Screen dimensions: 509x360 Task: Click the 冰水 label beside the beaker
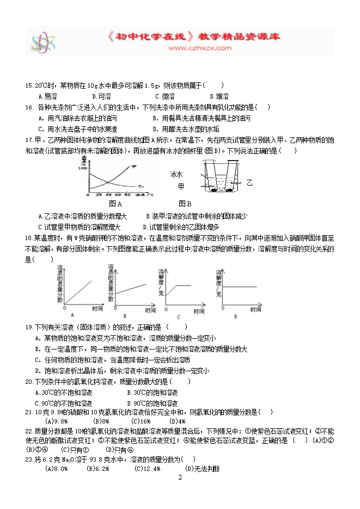[x=178, y=175]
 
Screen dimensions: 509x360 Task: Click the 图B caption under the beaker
[x=185, y=204]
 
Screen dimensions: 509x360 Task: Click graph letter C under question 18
[x=178, y=316]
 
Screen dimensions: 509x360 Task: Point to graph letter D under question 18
[x=235, y=316]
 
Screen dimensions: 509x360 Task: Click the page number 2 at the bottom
[x=179, y=478]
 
